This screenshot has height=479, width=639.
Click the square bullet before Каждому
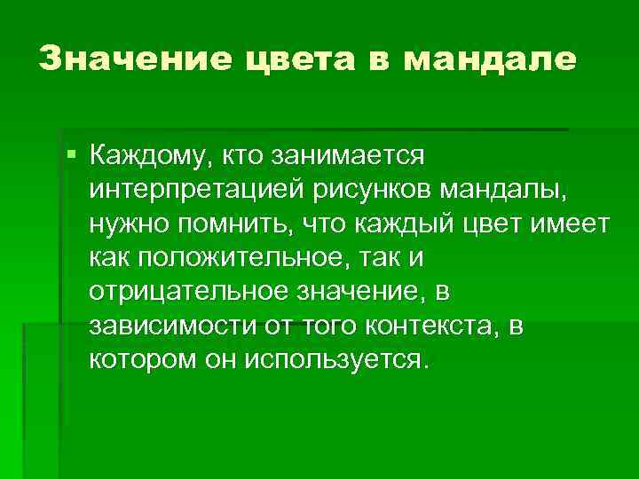pyautogui.click(x=71, y=155)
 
